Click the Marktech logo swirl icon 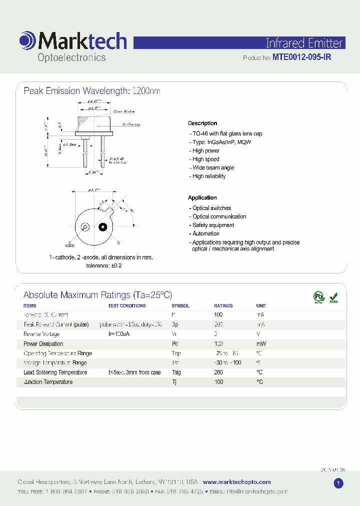(x=27, y=40)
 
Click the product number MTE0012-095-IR (x=301, y=57)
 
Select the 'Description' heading (x=202, y=123)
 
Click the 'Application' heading (x=202, y=197)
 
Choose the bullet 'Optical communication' (x=219, y=216)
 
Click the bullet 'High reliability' (x=209, y=176)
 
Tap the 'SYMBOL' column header (x=180, y=305)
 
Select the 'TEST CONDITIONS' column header (x=127, y=305)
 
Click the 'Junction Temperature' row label (x=48, y=382)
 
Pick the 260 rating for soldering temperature (x=218, y=372)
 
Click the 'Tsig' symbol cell (x=176, y=372)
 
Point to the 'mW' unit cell (x=261, y=344)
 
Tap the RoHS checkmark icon (x=333, y=297)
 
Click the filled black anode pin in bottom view (x=102, y=227)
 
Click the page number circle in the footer (x=338, y=483)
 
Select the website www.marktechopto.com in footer (x=237, y=482)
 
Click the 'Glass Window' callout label (x=124, y=111)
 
